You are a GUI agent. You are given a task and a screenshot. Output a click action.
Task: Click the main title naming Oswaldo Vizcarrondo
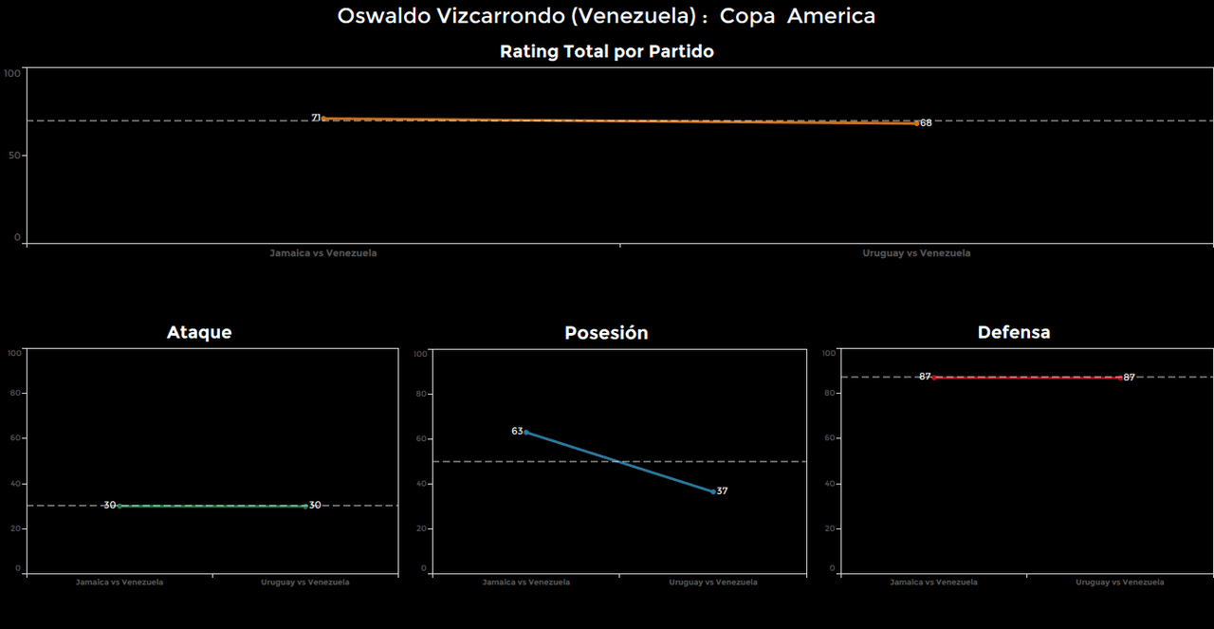click(606, 16)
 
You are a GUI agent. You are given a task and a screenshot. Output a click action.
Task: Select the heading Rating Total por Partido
click(606, 52)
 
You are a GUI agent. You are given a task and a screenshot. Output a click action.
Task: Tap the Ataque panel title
click(199, 332)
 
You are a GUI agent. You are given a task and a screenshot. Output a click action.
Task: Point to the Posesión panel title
click(606, 333)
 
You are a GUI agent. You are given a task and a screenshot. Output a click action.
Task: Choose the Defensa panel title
click(1014, 332)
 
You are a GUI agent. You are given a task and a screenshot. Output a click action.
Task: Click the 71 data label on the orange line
click(317, 118)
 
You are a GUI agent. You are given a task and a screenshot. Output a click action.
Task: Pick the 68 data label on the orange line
click(926, 123)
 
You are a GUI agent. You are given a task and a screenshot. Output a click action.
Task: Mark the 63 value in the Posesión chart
click(517, 431)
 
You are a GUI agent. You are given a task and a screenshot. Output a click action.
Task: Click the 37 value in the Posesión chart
click(722, 491)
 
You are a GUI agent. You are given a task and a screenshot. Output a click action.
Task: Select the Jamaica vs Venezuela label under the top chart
click(323, 253)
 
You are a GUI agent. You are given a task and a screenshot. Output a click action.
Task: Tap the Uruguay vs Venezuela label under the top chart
click(916, 253)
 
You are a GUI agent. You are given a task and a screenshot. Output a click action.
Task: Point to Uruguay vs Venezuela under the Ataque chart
click(305, 583)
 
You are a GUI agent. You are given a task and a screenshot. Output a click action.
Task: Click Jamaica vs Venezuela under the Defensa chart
click(933, 583)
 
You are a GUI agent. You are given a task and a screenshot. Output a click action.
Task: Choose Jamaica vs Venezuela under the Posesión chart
click(526, 583)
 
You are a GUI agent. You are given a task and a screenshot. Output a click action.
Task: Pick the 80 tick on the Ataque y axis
click(15, 393)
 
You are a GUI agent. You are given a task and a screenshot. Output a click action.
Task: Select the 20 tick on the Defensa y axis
click(830, 528)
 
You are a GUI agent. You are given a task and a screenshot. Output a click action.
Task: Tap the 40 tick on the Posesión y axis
click(422, 484)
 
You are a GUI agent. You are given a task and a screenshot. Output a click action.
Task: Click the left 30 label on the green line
click(110, 506)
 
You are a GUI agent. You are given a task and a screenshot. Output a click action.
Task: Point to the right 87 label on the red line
click(1129, 378)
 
